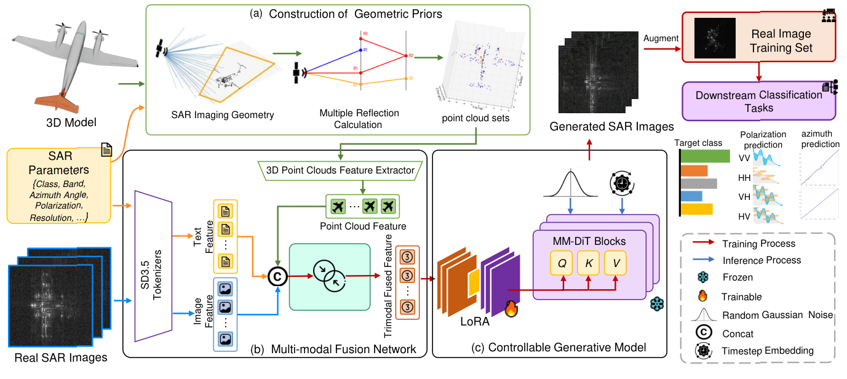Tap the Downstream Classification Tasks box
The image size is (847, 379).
[x=760, y=102]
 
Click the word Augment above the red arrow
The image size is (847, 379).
[x=661, y=38]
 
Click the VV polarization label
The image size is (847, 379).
[x=744, y=158]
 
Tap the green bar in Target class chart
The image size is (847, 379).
[x=705, y=156]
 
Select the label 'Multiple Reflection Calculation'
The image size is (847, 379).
[x=359, y=119]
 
